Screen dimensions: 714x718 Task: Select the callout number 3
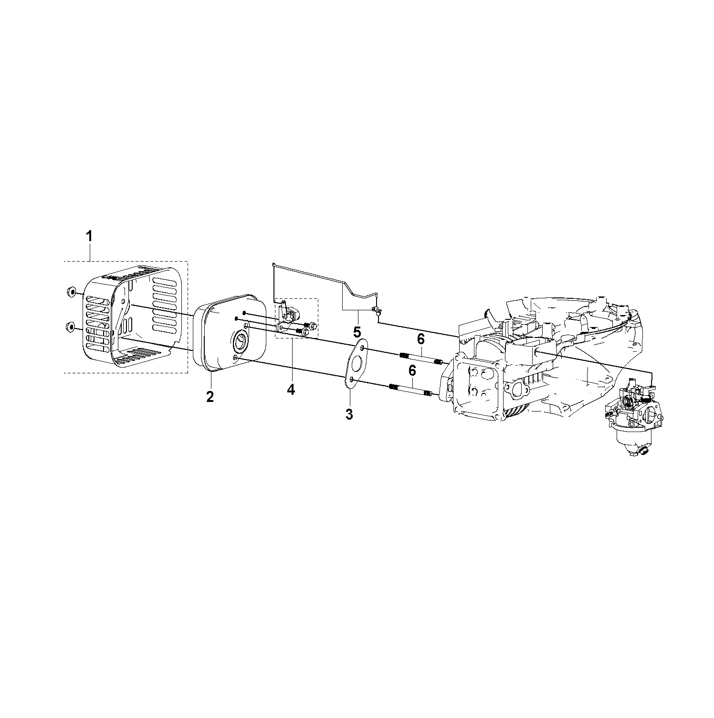(349, 414)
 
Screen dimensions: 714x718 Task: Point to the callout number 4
(291, 390)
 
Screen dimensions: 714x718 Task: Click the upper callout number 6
(420, 339)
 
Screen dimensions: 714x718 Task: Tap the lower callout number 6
(412, 370)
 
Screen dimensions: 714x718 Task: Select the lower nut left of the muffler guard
(70, 327)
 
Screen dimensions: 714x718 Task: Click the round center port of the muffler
(242, 341)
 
